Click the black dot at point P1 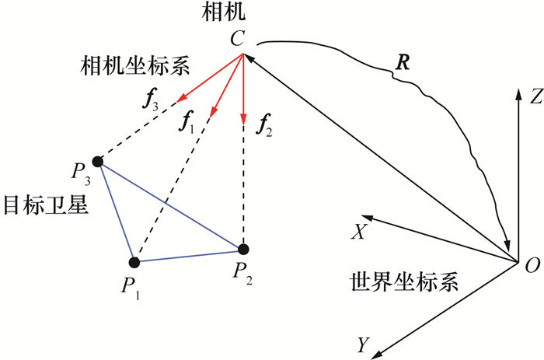(x=134, y=262)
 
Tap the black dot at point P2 (x=243, y=250)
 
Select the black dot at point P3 (x=97, y=162)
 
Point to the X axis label (x=359, y=231)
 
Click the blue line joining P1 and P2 (x=189, y=256)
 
